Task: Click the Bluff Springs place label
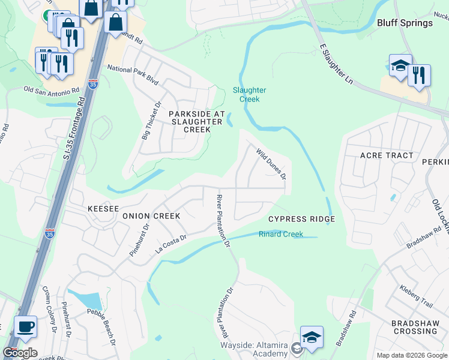coord(405,23)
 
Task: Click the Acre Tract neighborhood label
coord(387,155)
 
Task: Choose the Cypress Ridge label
coord(301,219)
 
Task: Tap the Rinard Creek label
coord(280,235)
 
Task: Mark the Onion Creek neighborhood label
coord(151,215)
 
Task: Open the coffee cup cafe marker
coord(25,328)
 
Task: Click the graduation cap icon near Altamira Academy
coord(312,337)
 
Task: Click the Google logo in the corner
coord(20,353)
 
